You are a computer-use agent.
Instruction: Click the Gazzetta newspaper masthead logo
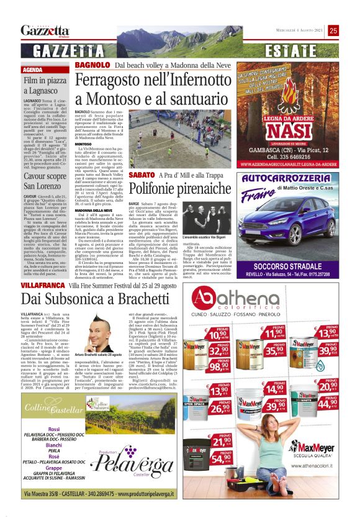coord(45,30)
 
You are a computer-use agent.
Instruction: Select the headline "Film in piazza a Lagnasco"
coord(45,86)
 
